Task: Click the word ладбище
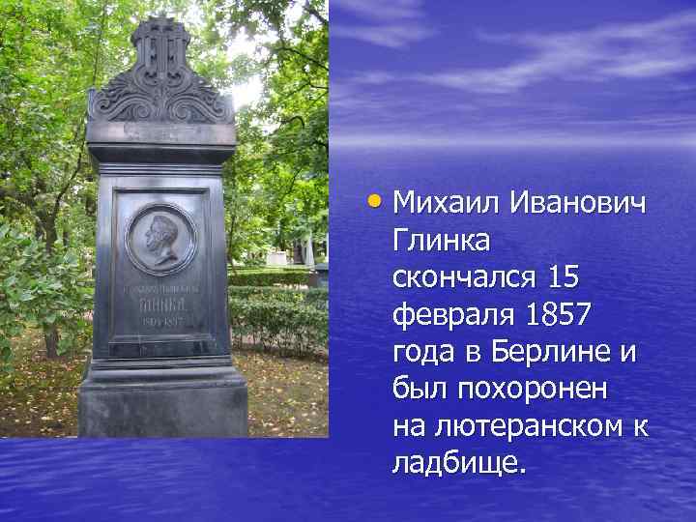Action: click(458, 460)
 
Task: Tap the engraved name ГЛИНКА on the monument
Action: click(160, 302)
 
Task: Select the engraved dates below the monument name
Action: click(160, 320)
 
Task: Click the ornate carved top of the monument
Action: click(160, 72)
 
